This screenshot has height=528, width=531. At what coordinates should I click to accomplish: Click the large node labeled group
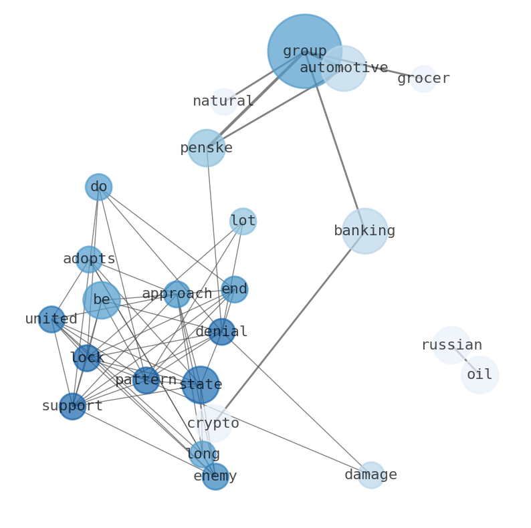(x=304, y=51)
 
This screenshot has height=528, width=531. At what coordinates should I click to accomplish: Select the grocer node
(x=423, y=79)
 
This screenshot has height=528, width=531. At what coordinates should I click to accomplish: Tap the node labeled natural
(x=223, y=102)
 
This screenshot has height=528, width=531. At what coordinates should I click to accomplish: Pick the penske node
(x=206, y=148)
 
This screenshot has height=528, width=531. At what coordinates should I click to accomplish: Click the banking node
(x=364, y=231)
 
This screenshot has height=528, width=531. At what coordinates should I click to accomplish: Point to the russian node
(x=451, y=346)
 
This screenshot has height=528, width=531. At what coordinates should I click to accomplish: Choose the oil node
(x=480, y=375)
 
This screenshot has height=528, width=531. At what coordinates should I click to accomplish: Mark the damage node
(x=370, y=475)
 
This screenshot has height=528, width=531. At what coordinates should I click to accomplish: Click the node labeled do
(x=98, y=187)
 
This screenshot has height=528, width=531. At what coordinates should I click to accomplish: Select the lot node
(x=243, y=221)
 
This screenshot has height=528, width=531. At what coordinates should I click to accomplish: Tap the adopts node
(x=89, y=259)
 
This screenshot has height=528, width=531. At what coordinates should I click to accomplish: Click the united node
(x=51, y=319)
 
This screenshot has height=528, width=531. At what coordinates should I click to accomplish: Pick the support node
(x=72, y=406)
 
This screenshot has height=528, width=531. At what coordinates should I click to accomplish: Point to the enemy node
(x=215, y=477)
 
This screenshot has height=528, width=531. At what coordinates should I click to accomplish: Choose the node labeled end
(x=234, y=289)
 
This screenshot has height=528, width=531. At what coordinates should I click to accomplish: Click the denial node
(x=221, y=332)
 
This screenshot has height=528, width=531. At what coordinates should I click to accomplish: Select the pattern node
(x=146, y=380)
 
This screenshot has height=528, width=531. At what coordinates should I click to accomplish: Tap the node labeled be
(x=102, y=300)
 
